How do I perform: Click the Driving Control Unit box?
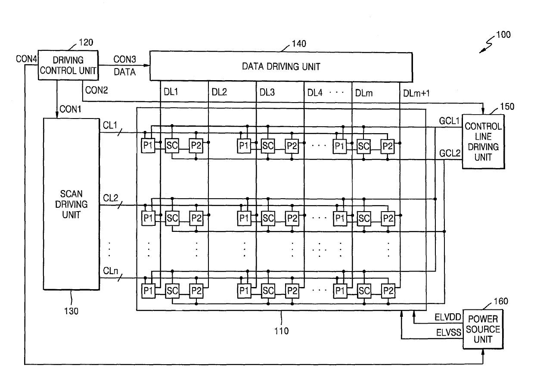(68, 65)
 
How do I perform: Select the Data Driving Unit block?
(281, 66)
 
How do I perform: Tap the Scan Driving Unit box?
(71, 204)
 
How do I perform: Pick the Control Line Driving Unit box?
(483, 142)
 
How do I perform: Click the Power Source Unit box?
(483, 329)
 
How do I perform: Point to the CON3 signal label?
(124, 59)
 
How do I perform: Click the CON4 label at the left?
(26, 59)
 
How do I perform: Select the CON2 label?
(96, 90)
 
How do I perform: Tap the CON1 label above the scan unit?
(70, 109)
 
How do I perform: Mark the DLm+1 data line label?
(416, 93)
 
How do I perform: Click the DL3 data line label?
(267, 92)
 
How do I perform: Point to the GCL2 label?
(450, 153)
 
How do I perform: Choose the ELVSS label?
(449, 332)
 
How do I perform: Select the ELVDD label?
(448, 317)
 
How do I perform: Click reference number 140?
(299, 44)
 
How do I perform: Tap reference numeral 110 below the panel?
(281, 331)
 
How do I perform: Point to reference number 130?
(71, 311)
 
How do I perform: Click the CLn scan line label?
(110, 271)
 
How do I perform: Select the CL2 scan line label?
(110, 198)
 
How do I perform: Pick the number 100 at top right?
(503, 35)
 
